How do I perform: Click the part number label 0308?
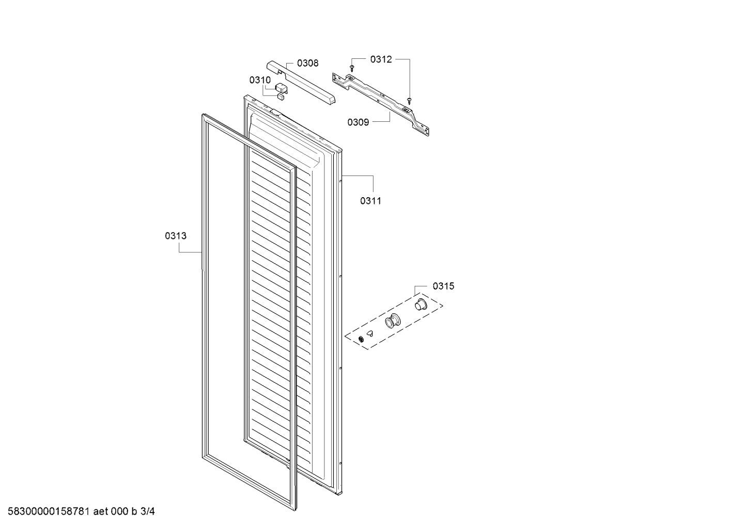pos(307,63)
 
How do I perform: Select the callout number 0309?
pos(358,122)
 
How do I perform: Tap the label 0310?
pos(260,80)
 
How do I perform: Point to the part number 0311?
pos(371,201)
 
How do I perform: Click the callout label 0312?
pos(381,59)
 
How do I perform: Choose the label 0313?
pos(176,236)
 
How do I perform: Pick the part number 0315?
pos(443,286)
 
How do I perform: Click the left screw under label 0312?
pos(352,69)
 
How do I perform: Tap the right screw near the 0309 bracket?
pos(409,101)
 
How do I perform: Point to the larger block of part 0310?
pos(282,88)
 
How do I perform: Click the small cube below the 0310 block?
pos(281,97)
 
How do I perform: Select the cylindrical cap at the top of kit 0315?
pos(421,304)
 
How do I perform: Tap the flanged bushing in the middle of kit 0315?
pos(393,321)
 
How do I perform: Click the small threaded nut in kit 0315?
pos(361,339)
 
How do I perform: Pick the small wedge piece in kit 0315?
pos(370,333)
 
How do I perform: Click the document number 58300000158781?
pos(49,511)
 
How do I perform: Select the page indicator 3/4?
pos(147,511)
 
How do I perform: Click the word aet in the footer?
pos(100,512)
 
